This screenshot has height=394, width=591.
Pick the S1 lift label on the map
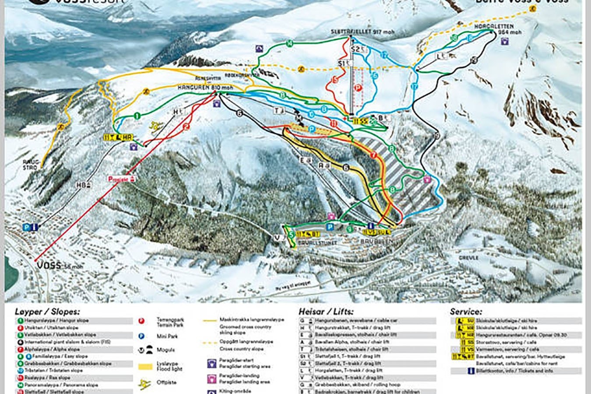click(345, 63)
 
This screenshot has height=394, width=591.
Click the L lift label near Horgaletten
click(440, 56)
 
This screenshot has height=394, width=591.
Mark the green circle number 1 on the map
click(137, 116)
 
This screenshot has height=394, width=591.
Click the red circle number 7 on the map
click(373, 155)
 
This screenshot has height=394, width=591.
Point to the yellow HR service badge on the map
click(118, 137)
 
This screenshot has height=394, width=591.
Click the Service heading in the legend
click(466, 312)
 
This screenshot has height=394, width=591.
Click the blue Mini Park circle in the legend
click(141, 336)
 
